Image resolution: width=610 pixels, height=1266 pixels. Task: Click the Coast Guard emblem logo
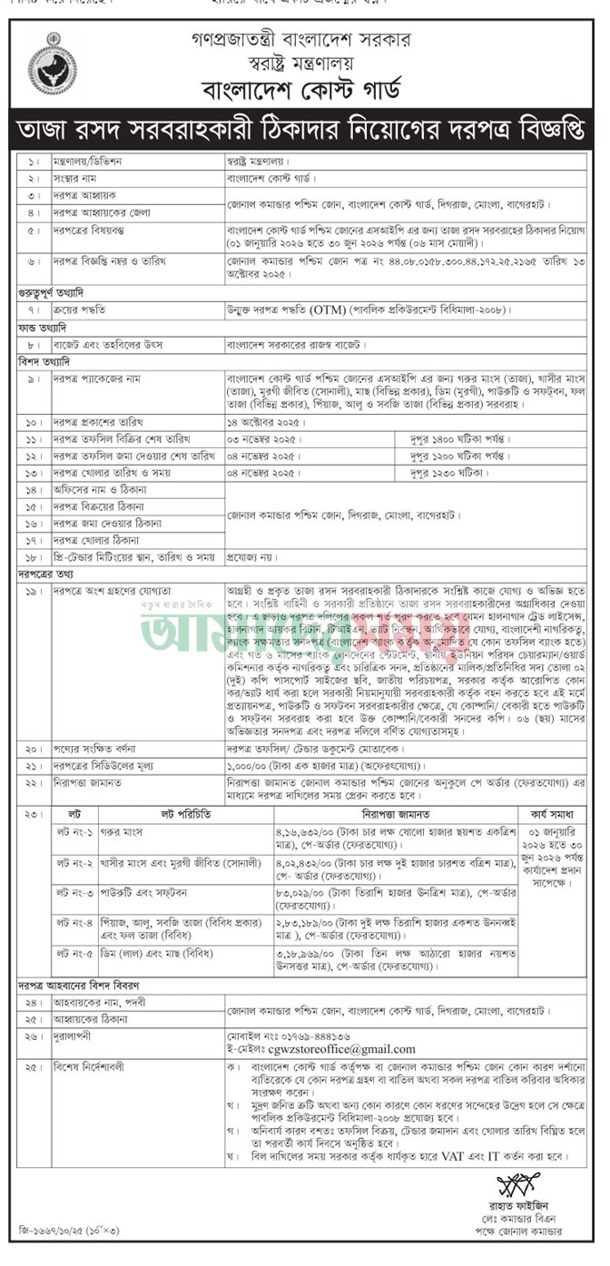click(52, 64)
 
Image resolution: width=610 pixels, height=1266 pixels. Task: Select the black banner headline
click(304, 131)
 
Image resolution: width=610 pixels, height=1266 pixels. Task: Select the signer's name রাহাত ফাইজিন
click(519, 1205)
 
